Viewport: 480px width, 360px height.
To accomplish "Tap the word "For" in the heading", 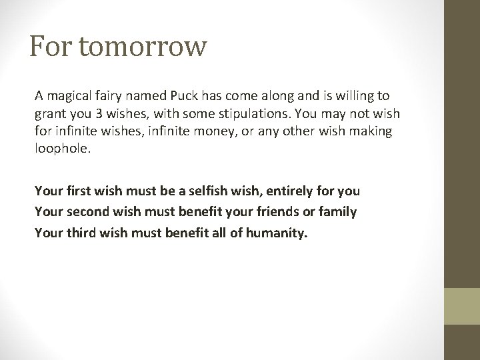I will pyautogui.click(x=51, y=47).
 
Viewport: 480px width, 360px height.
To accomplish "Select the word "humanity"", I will pyautogui.click(x=277, y=233).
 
